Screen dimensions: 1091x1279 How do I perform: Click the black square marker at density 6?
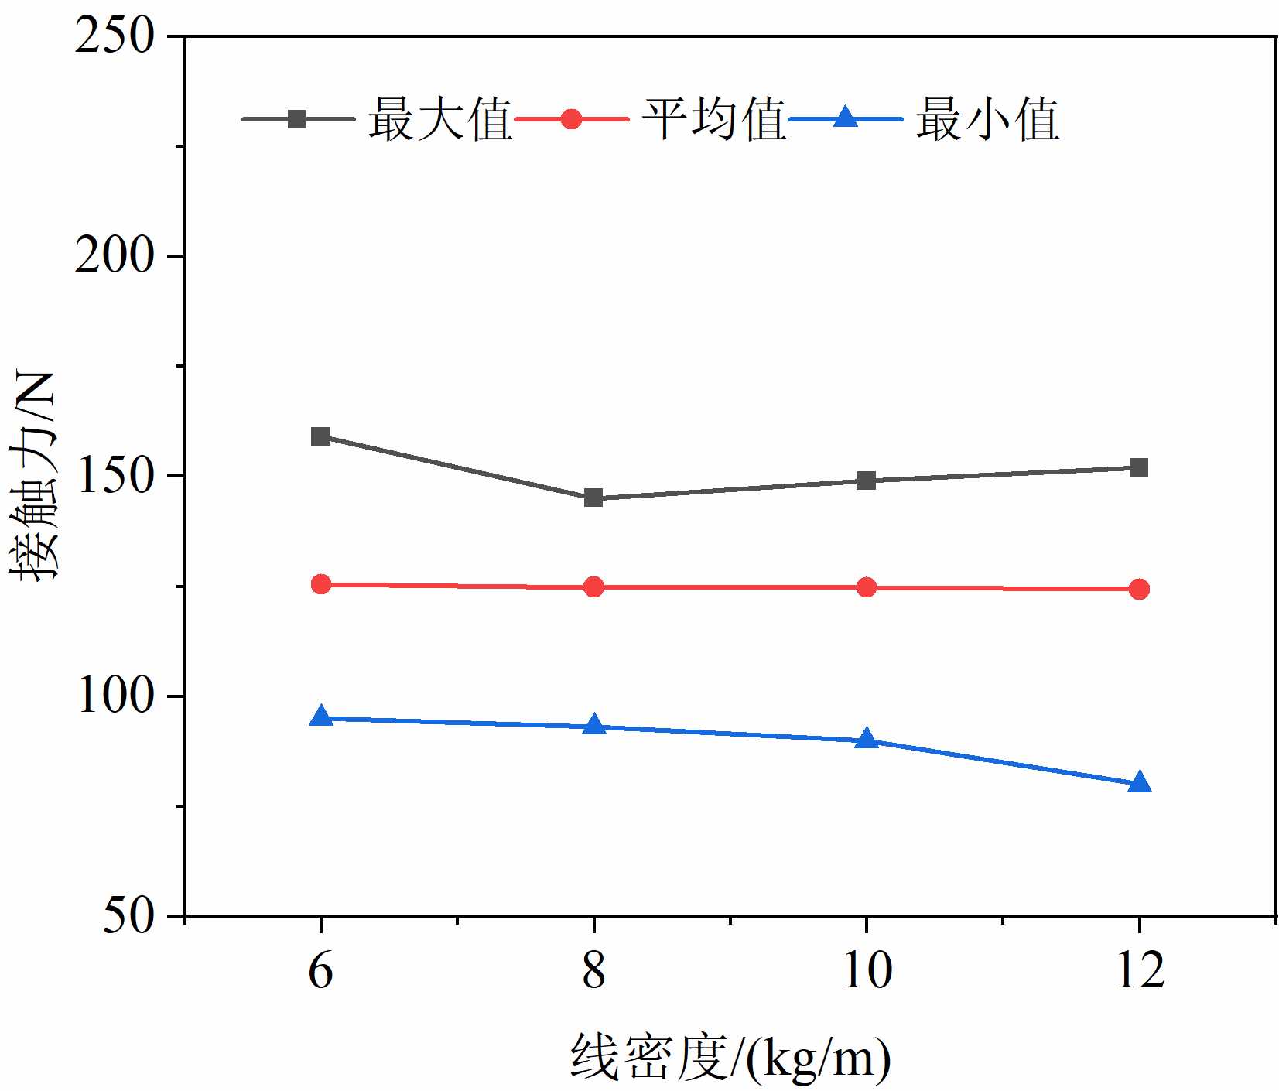320,436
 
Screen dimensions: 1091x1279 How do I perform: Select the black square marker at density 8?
593,498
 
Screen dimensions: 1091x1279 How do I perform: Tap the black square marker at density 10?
867,481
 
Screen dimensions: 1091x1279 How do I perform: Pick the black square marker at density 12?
1139,467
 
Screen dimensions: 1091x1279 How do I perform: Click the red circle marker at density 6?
320,584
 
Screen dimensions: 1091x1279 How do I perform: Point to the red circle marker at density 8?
593,587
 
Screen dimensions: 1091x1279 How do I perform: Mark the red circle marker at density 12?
1139,590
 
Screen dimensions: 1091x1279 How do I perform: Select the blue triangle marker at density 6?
320,717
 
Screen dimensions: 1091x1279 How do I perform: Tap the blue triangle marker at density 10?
867,739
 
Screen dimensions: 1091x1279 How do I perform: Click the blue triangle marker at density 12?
1139,782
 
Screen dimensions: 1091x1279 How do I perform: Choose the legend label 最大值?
440,120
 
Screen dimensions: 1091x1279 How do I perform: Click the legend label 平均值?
714,120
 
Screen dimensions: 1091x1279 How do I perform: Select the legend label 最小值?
988,120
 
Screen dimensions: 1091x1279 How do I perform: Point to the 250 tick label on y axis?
115,36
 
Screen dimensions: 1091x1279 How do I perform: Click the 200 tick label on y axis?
115,256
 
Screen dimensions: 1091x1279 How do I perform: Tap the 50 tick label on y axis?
128,916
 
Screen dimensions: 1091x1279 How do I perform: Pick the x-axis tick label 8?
593,970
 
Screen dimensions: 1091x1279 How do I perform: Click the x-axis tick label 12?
1140,970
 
